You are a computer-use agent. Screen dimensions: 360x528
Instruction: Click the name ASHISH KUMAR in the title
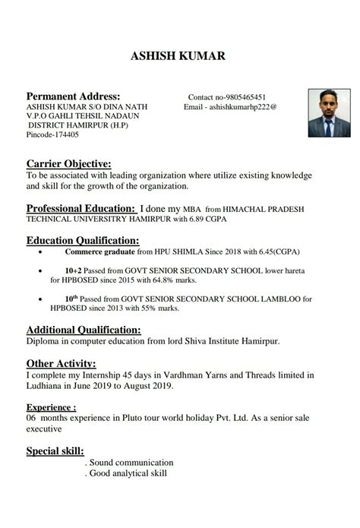pos(178,55)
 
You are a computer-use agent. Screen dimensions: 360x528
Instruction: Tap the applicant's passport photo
pos(328,112)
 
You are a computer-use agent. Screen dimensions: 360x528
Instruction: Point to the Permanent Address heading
pos(73,96)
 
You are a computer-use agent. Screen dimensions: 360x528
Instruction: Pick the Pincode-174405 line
pos(52,134)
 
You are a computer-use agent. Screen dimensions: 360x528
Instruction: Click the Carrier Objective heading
pos(68,163)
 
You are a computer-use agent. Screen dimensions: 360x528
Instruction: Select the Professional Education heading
pos(80,207)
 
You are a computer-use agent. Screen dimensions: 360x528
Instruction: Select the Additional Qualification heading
pos(84,330)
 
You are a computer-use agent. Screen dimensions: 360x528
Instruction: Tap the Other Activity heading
pos(61,363)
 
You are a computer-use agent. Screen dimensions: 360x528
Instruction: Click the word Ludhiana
pos(46,385)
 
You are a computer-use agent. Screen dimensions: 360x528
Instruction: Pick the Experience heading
pos(51,407)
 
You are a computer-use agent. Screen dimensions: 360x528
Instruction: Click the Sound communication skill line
pos(130,463)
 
